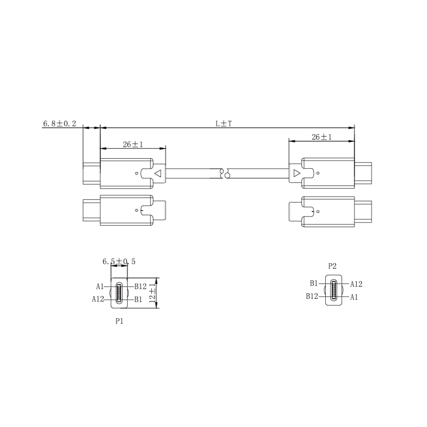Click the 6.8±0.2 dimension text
click(60, 124)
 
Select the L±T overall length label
click(223, 124)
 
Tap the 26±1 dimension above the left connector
click(133, 144)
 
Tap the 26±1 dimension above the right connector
click(322, 137)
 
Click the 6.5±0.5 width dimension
click(119, 261)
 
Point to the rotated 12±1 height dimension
click(152, 293)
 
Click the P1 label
click(119, 322)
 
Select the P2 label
click(332, 266)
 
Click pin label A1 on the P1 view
click(99, 286)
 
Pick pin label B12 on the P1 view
click(141, 286)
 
